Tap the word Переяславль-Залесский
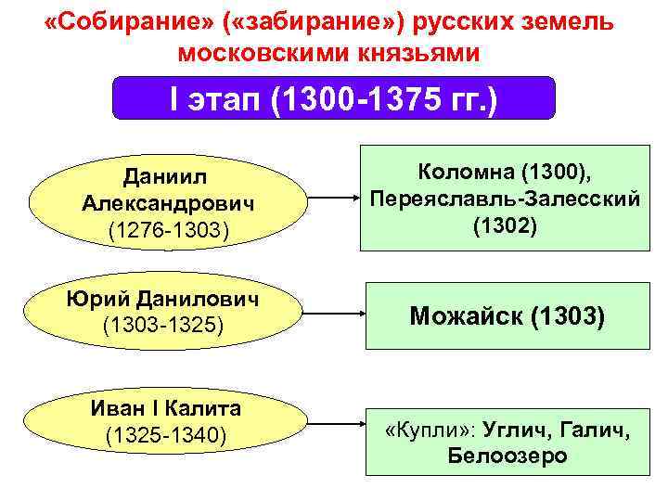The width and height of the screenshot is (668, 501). click(505, 199)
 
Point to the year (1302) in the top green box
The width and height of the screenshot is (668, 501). click(505, 225)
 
